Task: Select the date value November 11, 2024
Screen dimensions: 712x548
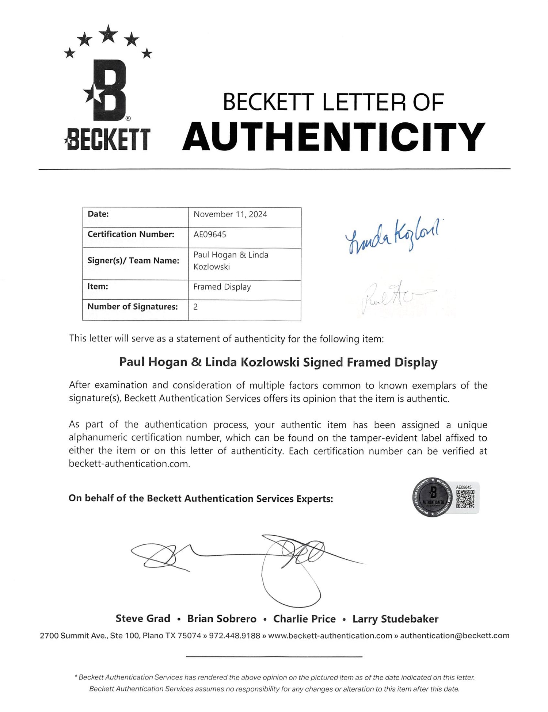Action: pyautogui.click(x=230, y=214)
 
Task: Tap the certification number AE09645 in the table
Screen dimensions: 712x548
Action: pyautogui.click(x=210, y=234)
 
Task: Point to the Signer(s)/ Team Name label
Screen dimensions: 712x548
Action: pyautogui.click(x=133, y=261)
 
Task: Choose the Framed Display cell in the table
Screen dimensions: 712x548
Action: pyautogui.click(x=222, y=287)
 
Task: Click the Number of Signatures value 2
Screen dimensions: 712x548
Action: pyautogui.click(x=195, y=307)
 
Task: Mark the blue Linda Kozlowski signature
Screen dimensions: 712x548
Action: pyautogui.click(x=393, y=236)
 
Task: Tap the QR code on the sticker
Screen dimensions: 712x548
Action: pyautogui.click(x=465, y=499)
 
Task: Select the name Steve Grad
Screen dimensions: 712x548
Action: pyautogui.click(x=143, y=619)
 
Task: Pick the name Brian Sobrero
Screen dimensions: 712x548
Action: pyautogui.click(x=222, y=619)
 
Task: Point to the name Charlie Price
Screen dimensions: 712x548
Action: pyautogui.click(x=304, y=619)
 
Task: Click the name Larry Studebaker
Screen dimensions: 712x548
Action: pyautogui.click(x=395, y=619)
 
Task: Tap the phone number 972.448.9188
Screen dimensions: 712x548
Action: pyautogui.click(x=234, y=636)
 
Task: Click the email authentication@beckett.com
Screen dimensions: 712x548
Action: pyautogui.click(x=454, y=636)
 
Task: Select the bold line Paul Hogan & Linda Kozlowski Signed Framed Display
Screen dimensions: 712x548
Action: pyautogui.click(x=278, y=362)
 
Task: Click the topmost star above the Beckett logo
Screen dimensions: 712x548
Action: pyautogui.click(x=109, y=34)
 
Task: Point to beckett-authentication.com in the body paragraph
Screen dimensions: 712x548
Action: pyautogui.click(x=129, y=464)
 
